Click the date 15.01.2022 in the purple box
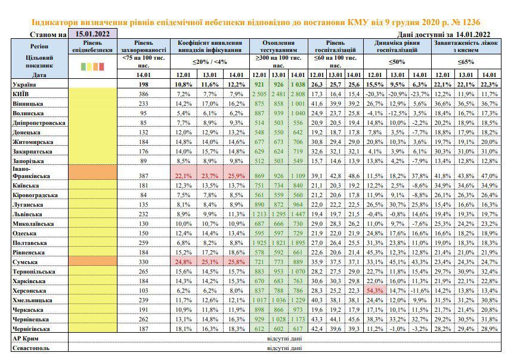(92, 33)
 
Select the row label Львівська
(27, 214)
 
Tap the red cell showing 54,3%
(375, 291)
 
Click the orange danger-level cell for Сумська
(92, 262)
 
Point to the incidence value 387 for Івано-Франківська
(144, 176)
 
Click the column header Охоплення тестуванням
(278, 46)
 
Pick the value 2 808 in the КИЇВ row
(298, 94)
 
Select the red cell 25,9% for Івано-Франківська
(236, 176)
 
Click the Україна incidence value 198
(144, 84)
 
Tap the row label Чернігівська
(31, 329)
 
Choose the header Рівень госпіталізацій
(335, 46)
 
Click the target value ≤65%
(466, 62)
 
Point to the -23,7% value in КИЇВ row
(420, 94)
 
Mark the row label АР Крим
(26, 339)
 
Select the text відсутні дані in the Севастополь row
(284, 348)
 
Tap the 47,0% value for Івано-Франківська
(489, 176)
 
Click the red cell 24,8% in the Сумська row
(183, 262)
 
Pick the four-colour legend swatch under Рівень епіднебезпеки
(92, 66)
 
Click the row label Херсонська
(29, 291)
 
